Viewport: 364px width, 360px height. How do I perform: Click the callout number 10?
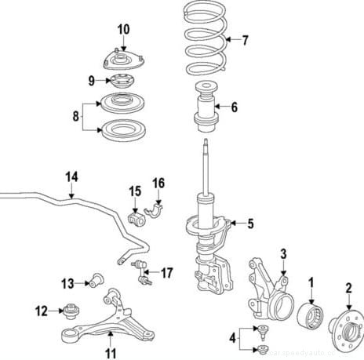click(123, 30)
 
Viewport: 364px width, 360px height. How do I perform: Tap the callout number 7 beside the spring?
click(245, 39)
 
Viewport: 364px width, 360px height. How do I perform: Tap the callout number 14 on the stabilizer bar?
click(71, 177)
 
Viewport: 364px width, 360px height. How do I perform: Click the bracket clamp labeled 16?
click(158, 212)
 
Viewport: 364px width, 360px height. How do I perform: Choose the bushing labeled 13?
click(98, 278)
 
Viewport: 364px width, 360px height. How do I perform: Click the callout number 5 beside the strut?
click(250, 224)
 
